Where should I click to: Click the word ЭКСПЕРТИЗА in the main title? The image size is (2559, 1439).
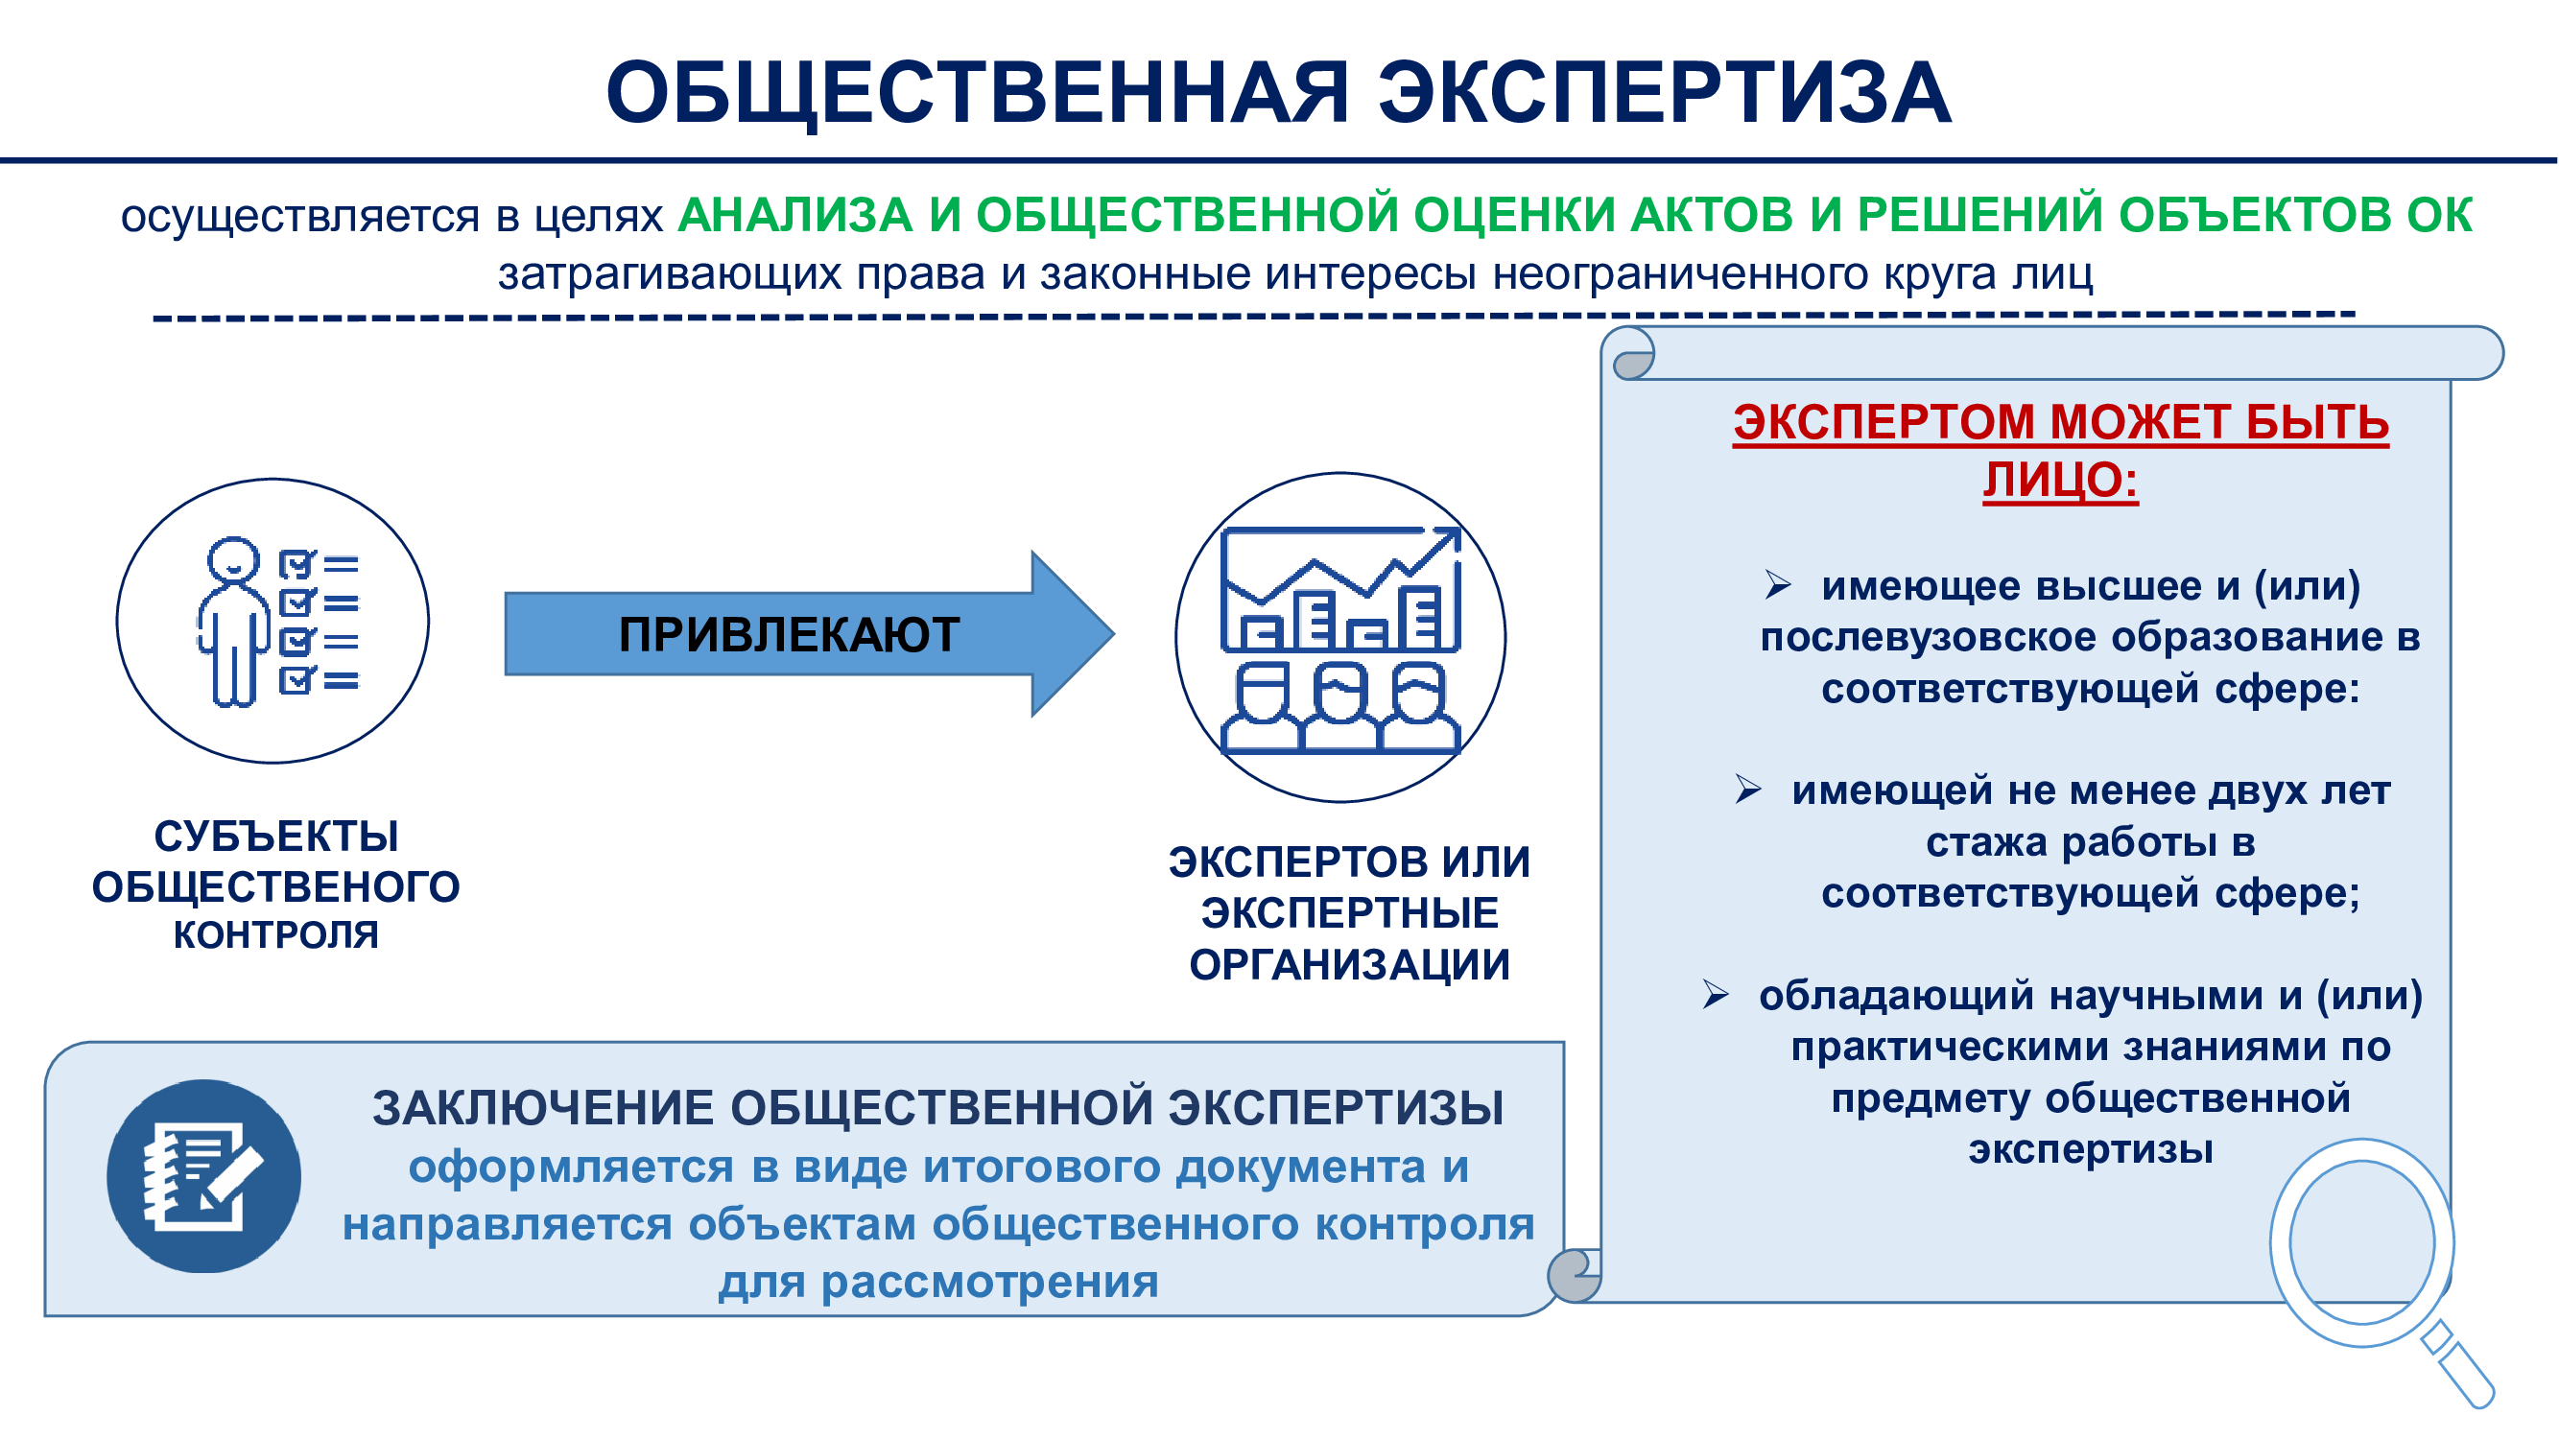click(1664, 92)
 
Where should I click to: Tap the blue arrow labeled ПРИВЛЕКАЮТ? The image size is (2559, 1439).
click(810, 633)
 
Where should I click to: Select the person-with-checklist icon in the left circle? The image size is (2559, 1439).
click(278, 623)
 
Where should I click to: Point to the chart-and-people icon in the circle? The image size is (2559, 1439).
click(1340, 641)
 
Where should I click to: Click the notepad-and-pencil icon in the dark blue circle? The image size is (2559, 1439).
click(202, 1176)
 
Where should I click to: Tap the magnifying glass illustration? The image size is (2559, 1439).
click(2381, 1271)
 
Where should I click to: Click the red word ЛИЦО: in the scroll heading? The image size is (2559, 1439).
click(2060, 481)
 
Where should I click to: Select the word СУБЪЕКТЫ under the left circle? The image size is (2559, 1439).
click(276, 837)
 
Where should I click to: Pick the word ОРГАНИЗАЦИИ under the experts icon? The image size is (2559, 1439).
click(1349, 965)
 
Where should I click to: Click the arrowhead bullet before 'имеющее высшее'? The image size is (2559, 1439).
click(1777, 585)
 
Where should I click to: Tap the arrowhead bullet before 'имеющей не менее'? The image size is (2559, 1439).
click(1747, 790)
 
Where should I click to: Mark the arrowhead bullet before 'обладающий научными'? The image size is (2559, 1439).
click(1716, 994)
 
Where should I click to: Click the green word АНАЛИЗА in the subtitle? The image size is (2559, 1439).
click(794, 216)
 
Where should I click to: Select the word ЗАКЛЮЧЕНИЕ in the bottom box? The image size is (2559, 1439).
click(543, 1108)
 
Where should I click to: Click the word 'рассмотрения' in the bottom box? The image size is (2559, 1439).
click(989, 1283)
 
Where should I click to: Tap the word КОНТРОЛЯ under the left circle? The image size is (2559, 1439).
click(276, 935)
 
